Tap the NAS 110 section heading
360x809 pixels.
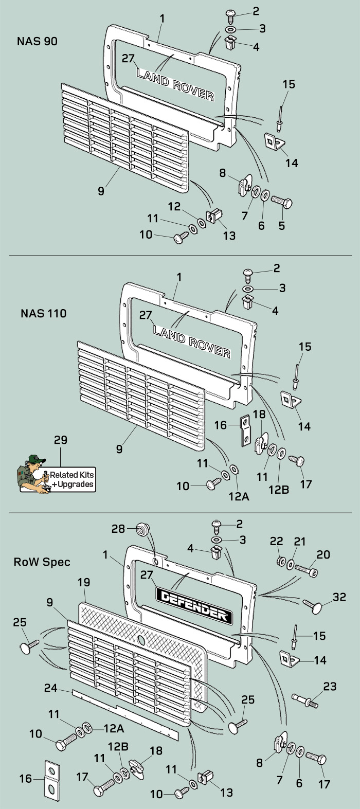pos(44,313)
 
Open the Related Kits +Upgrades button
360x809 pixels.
pos(71,479)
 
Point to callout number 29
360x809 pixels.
pos(60,441)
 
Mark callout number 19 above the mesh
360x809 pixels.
pos(83,582)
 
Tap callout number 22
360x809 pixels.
pos(277,541)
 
